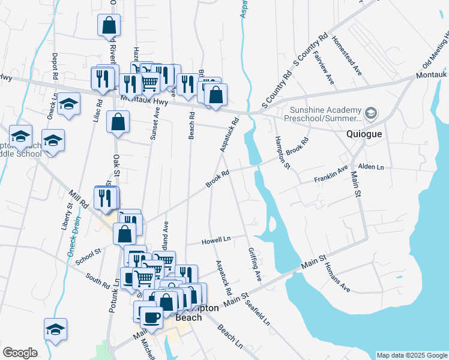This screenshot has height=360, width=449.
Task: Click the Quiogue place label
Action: point(364,134)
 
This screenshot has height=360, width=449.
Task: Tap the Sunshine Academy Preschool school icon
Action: point(372,113)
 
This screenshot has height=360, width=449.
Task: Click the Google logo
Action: point(20,353)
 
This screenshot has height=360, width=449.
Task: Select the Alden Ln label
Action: point(370,166)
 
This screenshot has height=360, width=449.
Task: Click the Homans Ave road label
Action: point(337,280)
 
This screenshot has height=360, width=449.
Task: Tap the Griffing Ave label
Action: point(255,264)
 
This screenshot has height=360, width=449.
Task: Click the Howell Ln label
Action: point(216,239)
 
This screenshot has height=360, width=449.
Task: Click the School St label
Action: point(89,254)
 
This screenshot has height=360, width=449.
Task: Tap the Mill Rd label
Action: point(79,200)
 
